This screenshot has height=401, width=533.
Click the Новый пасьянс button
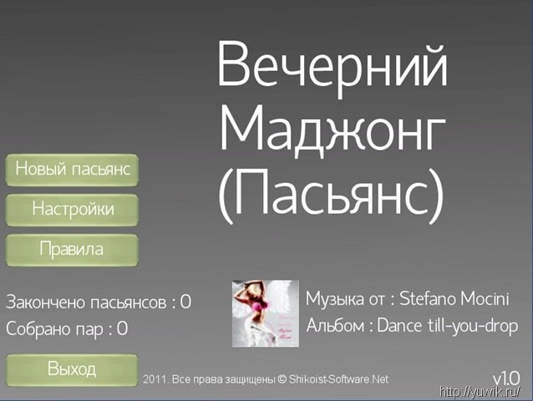coord(72,170)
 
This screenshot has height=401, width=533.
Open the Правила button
coord(72,250)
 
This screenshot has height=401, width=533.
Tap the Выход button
coord(72,370)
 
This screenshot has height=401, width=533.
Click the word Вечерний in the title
coord(332,63)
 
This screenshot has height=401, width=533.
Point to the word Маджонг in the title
coord(332,131)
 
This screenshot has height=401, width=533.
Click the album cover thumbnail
coord(266,313)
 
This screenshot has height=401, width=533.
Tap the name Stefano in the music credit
coord(428,299)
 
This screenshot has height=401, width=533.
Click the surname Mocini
coord(485,299)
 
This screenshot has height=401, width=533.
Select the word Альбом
coord(336,326)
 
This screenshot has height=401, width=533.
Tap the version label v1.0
coord(506,378)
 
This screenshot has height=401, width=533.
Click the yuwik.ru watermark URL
coord(480,392)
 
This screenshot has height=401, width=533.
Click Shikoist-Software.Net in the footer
coord(338,379)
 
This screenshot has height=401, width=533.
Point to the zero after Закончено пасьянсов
coord(185,302)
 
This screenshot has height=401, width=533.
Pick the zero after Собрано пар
coord(122,328)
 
